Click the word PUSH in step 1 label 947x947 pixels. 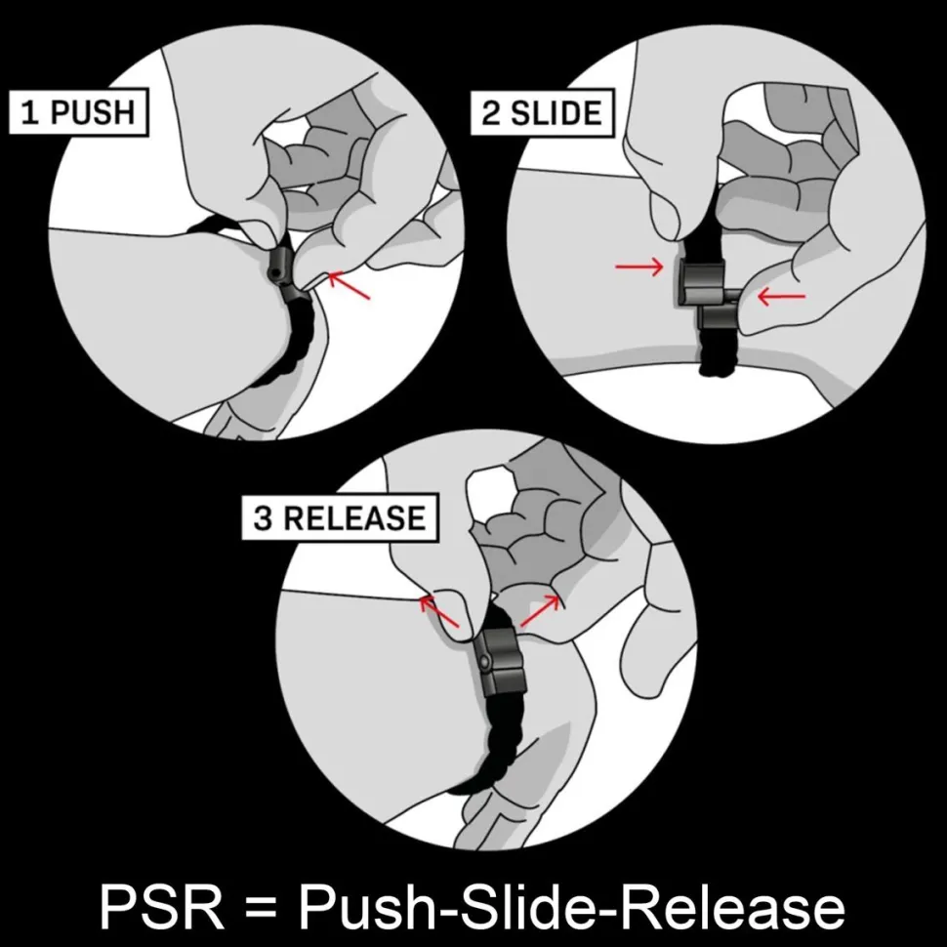pyautogui.click(x=93, y=112)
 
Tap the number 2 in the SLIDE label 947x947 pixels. pyautogui.click(x=491, y=113)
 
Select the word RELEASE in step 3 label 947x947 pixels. pyautogui.click(x=354, y=518)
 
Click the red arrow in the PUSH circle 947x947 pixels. pyautogui.click(x=349, y=285)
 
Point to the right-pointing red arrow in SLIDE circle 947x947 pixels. pyautogui.click(x=639, y=267)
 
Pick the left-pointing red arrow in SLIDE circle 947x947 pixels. pyautogui.click(x=781, y=296)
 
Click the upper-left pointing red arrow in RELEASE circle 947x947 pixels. pyautogui.click(x=439, y=611)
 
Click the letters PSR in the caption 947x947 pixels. pyautogui.click(x=162, y=907)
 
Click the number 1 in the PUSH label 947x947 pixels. pyautogui.click(x=29, y=113)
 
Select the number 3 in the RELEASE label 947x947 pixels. pyautogui.click(x=264, y=518)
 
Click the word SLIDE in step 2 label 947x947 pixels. pyautogui.click(x=556, y=113)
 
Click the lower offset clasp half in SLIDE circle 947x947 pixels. pyautogui.click(x=719, y=315)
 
